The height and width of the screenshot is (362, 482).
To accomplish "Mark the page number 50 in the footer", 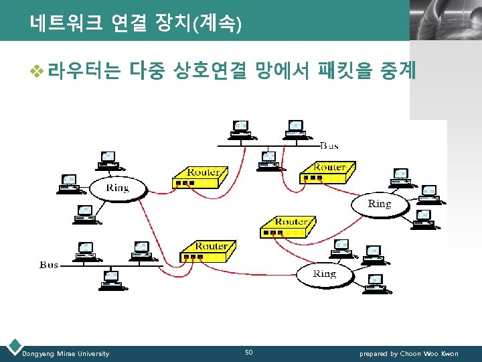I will pyautogui.click(x=249, y=353).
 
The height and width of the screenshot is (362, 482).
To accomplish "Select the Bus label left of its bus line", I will pyautogui.click(x=50, y=265).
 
